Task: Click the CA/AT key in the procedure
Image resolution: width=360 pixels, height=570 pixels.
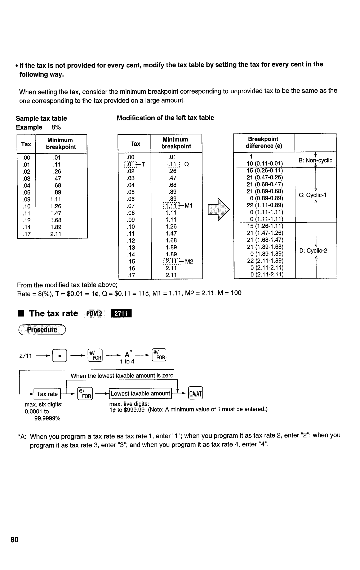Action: (x=196, y=393)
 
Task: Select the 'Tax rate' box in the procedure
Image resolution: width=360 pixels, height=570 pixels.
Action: (x=47, y=394)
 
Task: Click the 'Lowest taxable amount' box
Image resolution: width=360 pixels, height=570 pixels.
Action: (x=140, y=393)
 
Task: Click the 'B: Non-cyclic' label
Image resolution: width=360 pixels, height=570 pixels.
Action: (x=315, y=160)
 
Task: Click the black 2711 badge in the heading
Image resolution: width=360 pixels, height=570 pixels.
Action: (x=123, y=314)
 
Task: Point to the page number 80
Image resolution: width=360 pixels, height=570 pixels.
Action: (x=14, y=540)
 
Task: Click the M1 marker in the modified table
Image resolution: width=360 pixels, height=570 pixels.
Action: (x=189, y=206)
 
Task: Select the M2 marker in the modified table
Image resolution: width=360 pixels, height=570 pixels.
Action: (x=189, y=262)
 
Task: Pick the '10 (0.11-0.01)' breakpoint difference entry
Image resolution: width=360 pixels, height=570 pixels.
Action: (x=265, y=163)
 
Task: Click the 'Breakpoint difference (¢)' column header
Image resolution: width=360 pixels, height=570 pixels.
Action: (x=263, y=142)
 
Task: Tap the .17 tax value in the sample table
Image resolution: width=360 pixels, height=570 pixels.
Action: (x=26, y=234)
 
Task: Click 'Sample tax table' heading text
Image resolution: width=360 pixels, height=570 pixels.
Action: (x=41, y=118)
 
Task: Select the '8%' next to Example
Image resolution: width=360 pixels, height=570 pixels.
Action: (x=56, y=127)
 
